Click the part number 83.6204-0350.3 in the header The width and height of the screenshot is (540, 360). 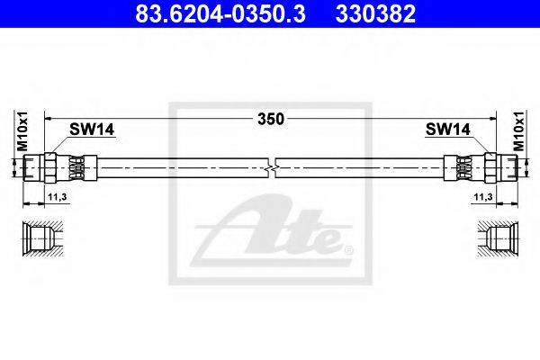click(220, 13)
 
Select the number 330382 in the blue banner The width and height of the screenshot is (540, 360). click(375, 13)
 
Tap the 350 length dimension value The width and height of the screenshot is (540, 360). click(271, 119)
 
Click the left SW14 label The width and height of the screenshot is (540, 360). click(92, 130)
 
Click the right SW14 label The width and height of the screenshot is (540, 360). click(447, 130)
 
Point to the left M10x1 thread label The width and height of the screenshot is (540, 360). click(22, 130)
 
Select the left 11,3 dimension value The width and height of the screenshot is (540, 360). click(58, 197)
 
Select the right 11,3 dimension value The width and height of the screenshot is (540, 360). click(483, 197)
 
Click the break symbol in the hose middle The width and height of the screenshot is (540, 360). click(272, 168)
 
